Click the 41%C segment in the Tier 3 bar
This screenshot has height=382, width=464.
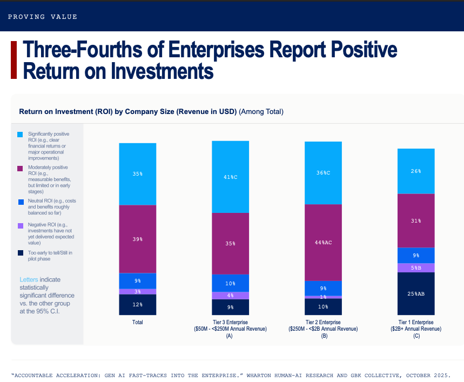pos(230,177)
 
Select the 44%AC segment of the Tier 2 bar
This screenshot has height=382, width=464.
pos(323,243)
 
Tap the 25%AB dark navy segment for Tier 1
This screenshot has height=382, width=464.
pos(416,293)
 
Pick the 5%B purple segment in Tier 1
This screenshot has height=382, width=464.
pos(416,268)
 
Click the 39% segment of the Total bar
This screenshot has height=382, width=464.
pos(138,239)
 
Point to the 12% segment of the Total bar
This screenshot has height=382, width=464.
pos(138,305)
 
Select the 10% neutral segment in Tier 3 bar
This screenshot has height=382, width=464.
pos(230,283)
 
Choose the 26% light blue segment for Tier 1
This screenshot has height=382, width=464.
pos(416,171)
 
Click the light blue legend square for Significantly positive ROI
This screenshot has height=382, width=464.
pos(20,135)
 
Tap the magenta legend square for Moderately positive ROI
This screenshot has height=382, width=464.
pos(20,169)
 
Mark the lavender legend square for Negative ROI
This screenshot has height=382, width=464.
pos(21,226)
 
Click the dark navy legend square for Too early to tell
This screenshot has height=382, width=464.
pos(21,253)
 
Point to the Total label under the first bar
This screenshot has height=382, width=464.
pos(138,322)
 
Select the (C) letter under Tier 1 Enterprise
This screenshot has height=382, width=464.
pos(416,336)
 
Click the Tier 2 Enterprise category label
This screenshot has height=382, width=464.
pos(323,322)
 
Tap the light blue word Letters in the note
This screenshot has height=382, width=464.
pos(29,280)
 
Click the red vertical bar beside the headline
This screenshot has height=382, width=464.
pos(14,60)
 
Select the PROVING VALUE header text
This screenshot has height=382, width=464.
pos(43,17)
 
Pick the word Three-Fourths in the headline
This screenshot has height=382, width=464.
pos(83,49)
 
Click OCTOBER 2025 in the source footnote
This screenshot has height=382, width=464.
pos(428,376)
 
